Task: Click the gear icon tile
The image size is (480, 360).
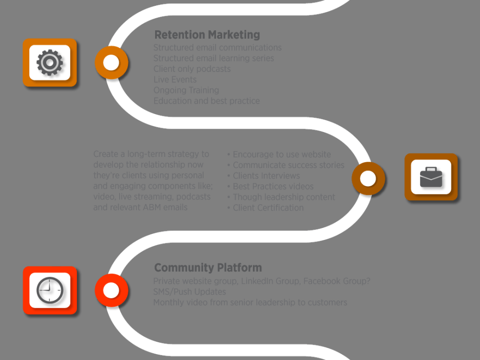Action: point(49,62)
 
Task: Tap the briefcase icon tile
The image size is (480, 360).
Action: point(431,177)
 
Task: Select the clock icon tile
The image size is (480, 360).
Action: point(50,290)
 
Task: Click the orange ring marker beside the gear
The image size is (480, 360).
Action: point(111,62)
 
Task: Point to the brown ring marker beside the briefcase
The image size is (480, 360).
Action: point(368,179)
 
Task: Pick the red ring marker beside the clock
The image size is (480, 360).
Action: point(111,290)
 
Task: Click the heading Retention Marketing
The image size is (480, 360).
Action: point(207,35)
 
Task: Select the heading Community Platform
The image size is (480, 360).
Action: point(208,267)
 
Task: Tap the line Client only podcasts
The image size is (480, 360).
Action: point(192,69)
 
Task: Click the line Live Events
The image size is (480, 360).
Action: point(175,80)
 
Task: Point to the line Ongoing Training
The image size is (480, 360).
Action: point(186,90)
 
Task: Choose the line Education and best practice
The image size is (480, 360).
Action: point(206,101)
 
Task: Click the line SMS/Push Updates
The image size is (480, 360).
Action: point(190,292)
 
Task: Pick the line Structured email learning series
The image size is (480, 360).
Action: point(214,58)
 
